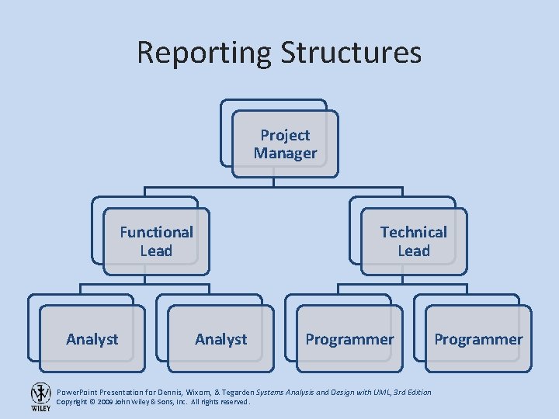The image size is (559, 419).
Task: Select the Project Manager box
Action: click(285, 144)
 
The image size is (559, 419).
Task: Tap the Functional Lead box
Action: click(156, 241)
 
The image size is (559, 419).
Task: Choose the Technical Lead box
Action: click(413, 241)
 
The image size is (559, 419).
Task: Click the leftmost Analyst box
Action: click(92, 339)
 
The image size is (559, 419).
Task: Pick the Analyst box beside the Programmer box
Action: click(221, 339)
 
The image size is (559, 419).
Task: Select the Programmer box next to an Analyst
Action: click(349, 339)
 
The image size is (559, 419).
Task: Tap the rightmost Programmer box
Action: click(478, 339)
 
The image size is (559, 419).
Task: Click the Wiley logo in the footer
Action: click(40, 396)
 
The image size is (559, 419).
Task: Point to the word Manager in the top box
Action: click(285, 154)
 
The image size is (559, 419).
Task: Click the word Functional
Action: click(156, 232)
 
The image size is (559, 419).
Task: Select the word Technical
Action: click(413, 232)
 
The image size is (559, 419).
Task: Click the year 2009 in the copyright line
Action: click(106, 402)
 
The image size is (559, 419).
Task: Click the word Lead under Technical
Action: click(413, 251)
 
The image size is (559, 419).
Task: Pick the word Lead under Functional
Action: click(156, 251)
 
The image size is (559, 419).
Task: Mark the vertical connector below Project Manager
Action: click(274, 182)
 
